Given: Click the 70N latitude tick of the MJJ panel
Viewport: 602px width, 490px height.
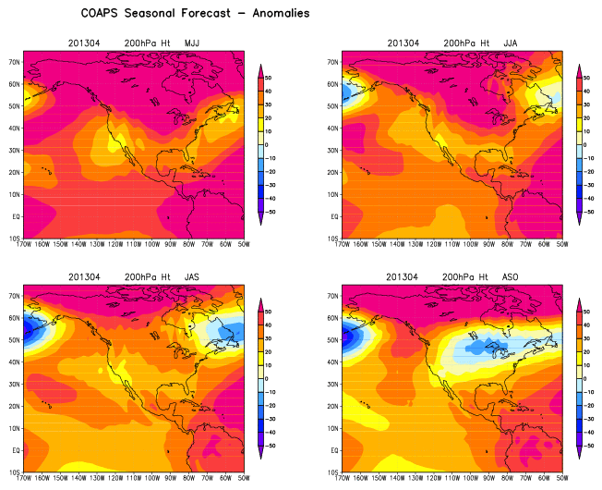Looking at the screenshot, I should tap(16, 61).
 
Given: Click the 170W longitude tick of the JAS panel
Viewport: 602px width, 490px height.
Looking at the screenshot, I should tap(26, 478).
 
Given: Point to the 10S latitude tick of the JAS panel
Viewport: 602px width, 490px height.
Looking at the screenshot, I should tap(16, 472).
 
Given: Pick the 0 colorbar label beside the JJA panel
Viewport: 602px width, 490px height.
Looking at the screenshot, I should tap(587, 145).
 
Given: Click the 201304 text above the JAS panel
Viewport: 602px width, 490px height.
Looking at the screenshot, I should tap(84, 276).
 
